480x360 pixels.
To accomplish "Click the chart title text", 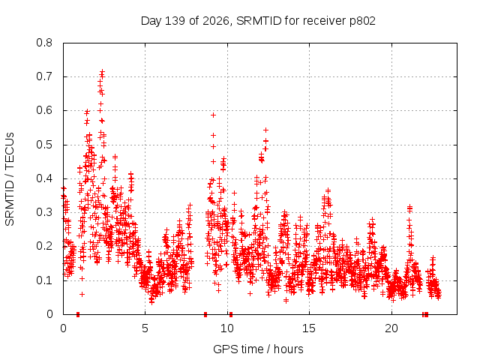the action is [x=258, y=21].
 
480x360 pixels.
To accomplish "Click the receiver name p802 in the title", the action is [x=362, y=21].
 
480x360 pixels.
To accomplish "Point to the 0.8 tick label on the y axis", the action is [x=44, y=43].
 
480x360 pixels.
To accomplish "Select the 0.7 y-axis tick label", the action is [x=44, y=76].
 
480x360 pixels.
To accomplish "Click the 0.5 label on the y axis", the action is [x=44, y=145].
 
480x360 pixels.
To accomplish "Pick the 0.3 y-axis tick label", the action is [x=44, y=212].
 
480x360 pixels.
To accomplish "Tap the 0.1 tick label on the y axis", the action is [x=44, y=280].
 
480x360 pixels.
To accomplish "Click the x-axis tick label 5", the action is [x=145, y=328].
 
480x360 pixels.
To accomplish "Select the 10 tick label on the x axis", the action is [x=227, y=328].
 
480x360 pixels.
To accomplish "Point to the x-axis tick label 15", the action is [x=309, y=328].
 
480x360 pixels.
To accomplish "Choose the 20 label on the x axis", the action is [x=391, y=328].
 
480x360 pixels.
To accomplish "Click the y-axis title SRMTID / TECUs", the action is [x=10, y=179].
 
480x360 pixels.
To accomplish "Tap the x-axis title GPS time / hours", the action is [x=258, y=349].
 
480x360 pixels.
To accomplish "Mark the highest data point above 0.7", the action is [x=102, y=72].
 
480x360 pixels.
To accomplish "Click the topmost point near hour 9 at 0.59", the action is [x=213, y=115].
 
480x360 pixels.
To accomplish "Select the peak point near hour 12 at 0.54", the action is [x=265, y=130].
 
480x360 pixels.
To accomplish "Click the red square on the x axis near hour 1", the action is [x=78, y=314].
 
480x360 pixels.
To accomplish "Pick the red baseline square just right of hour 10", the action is [x=231, y=314].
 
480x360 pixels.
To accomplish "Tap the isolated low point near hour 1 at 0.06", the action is [x=82, y=294].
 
